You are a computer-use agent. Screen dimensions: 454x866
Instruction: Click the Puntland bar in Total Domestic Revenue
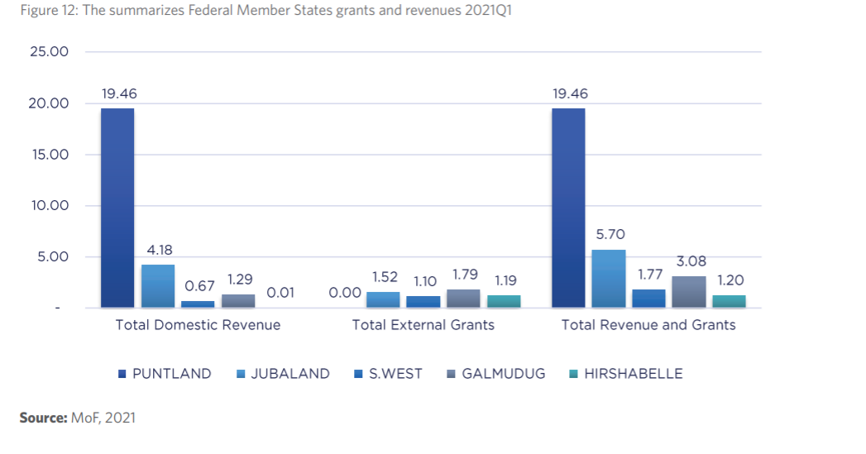(x=117, y=208)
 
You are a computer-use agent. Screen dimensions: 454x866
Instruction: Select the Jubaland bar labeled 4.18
(x=158, y=286)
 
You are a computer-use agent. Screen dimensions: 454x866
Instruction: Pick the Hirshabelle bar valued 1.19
(x=503, y=301)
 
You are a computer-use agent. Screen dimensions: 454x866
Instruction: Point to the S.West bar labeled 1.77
(x=648, y=299)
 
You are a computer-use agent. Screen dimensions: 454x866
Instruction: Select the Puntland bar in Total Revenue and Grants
(x=568, y=208)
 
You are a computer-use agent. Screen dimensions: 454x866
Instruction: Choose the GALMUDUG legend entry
(x=495, y=374)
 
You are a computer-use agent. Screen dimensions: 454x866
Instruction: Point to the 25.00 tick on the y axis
(x=50, y=52)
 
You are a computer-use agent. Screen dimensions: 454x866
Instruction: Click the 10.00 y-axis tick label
(x=50, y=205)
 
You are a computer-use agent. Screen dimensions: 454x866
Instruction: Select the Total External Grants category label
(x=423, y=325)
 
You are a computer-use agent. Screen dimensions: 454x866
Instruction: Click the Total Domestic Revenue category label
(x=198, y=325)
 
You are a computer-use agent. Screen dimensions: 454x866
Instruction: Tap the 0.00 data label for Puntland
(x=345, y=293)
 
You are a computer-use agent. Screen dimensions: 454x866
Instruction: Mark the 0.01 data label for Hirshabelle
(x=280, y=293)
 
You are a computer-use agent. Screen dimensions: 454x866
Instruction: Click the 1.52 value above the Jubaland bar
(x=385, y=277)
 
